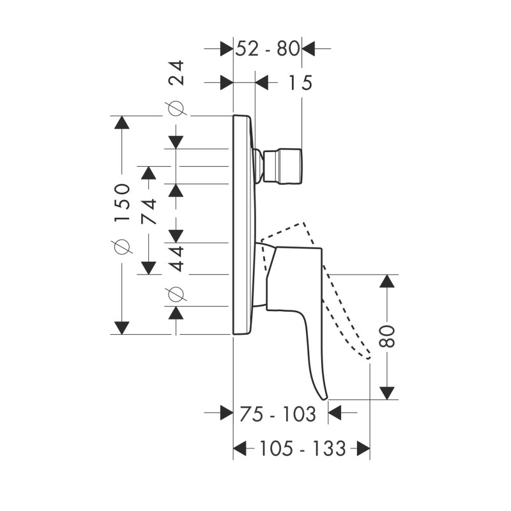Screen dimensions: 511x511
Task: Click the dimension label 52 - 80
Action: [x=267, y=49]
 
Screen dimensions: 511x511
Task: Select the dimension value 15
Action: [x=300, y=82]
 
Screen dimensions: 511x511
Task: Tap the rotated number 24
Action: [x=177, y=73]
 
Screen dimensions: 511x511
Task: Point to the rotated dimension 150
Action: [x=122, y=202]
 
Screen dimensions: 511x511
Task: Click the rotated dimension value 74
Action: [x=149, y=211]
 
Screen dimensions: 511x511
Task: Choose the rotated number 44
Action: [x=177, y=259]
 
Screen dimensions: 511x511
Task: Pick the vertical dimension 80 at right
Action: [x=387, y=336]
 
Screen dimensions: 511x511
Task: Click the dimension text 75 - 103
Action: [x=278, y=414]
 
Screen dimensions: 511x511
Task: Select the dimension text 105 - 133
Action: [x=302, y=448]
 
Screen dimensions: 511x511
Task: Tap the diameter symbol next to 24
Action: [x=177, y=108]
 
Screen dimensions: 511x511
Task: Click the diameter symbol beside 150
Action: [x=122, y=246]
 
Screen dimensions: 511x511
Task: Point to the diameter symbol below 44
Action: [x=177, y=294]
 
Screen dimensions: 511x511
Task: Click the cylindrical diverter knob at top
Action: [x=282, y=166]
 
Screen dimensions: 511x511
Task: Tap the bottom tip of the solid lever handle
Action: [x=324, y=399]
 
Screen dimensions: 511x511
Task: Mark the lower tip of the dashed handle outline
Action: [x=369, y=358]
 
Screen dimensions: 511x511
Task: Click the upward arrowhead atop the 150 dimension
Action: [x=122, y=123]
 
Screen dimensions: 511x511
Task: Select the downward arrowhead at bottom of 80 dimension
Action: [x=387, y=393]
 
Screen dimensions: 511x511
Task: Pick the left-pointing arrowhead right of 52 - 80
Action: [x=309, y=49]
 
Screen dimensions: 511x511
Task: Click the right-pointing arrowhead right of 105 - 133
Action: [x=363, y=448]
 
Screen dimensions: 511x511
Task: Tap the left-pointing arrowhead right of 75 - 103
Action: [x=334, y=413]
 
